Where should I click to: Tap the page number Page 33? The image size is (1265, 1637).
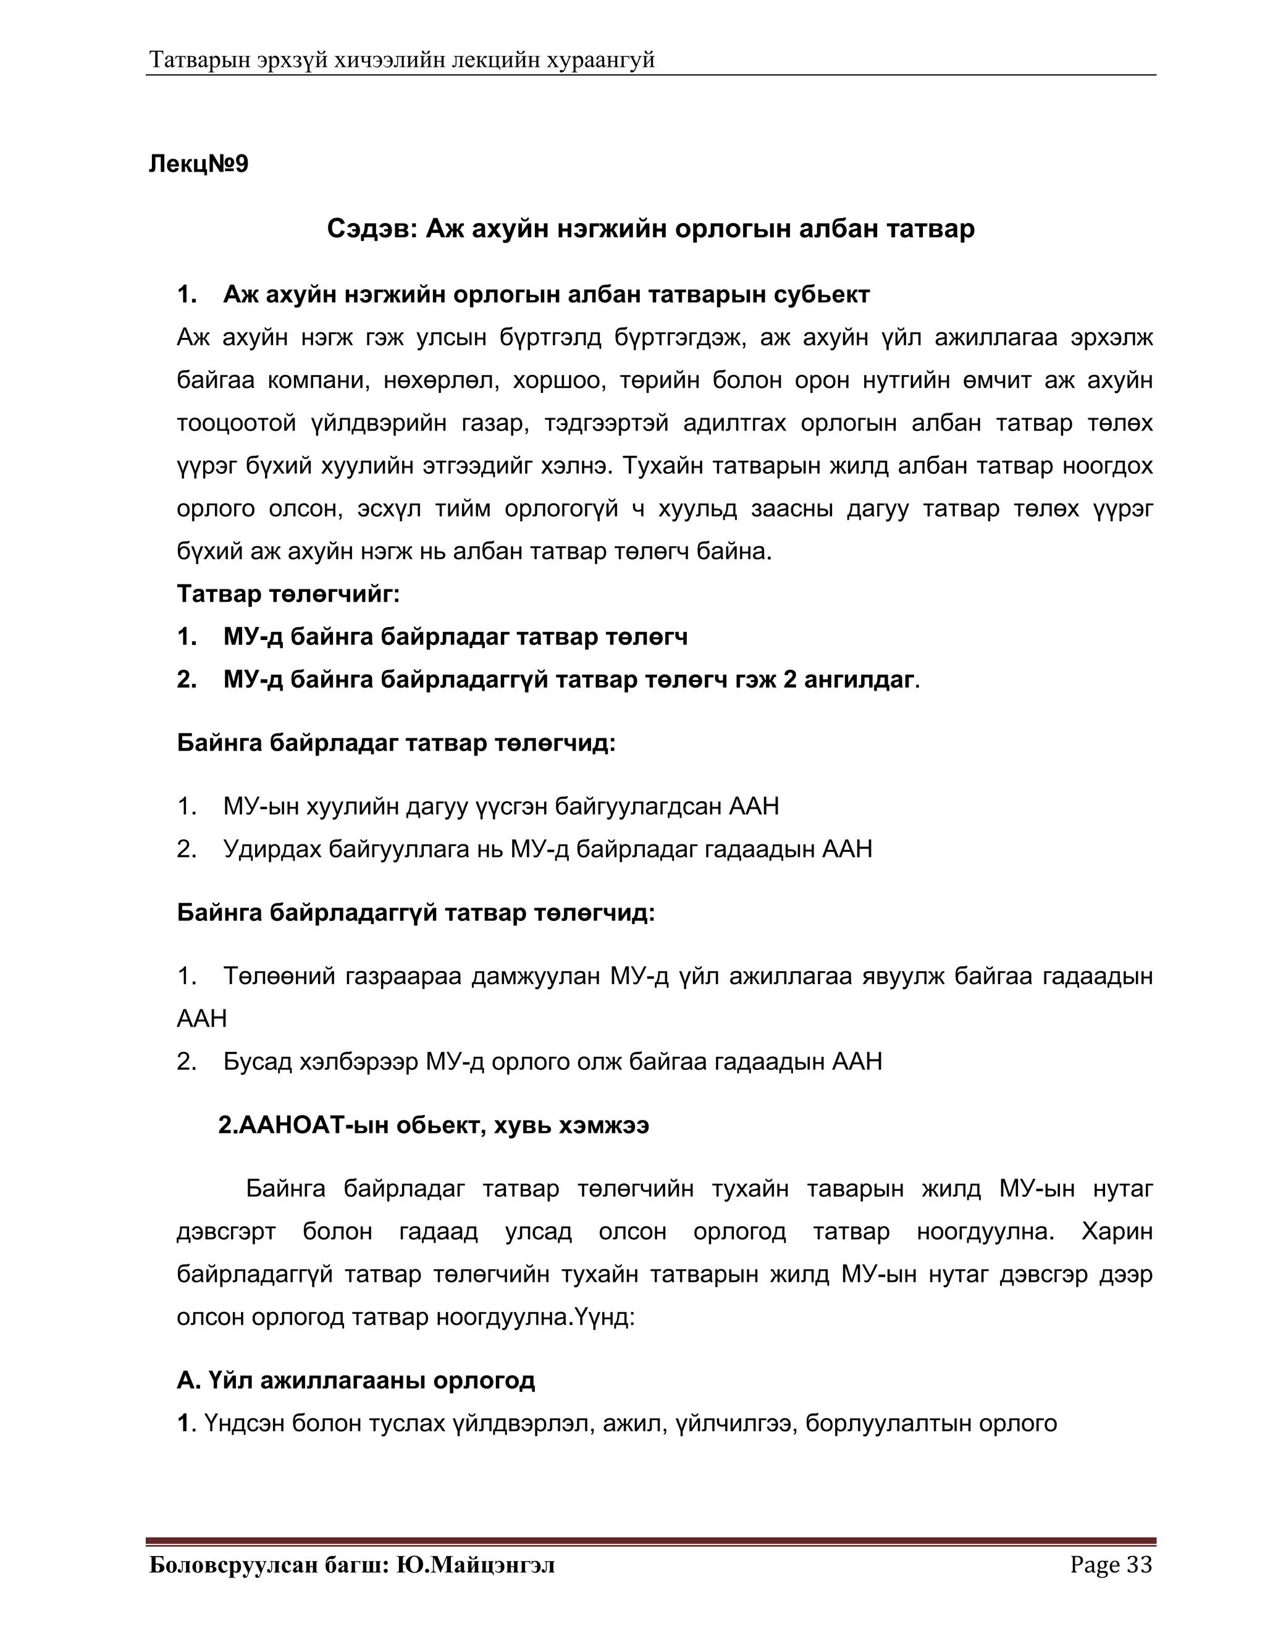[1111, 1564]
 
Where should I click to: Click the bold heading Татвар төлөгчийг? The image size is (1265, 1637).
[288, 594]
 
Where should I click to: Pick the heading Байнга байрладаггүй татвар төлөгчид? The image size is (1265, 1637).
[416, 912]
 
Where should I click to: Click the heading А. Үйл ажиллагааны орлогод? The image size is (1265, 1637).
[356, 1380]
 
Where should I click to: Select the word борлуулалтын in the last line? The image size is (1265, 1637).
[886, 1423]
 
